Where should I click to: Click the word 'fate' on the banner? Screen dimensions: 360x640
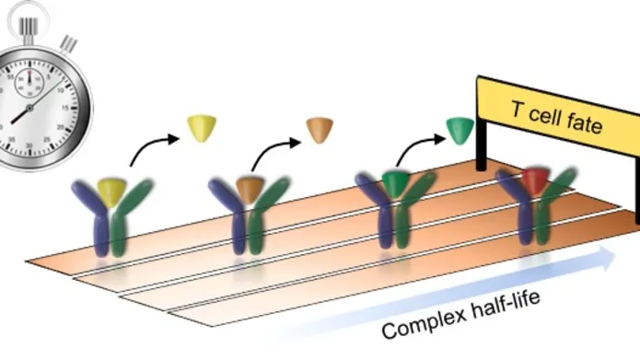578,122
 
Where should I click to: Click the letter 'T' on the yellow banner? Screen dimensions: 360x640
518,109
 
